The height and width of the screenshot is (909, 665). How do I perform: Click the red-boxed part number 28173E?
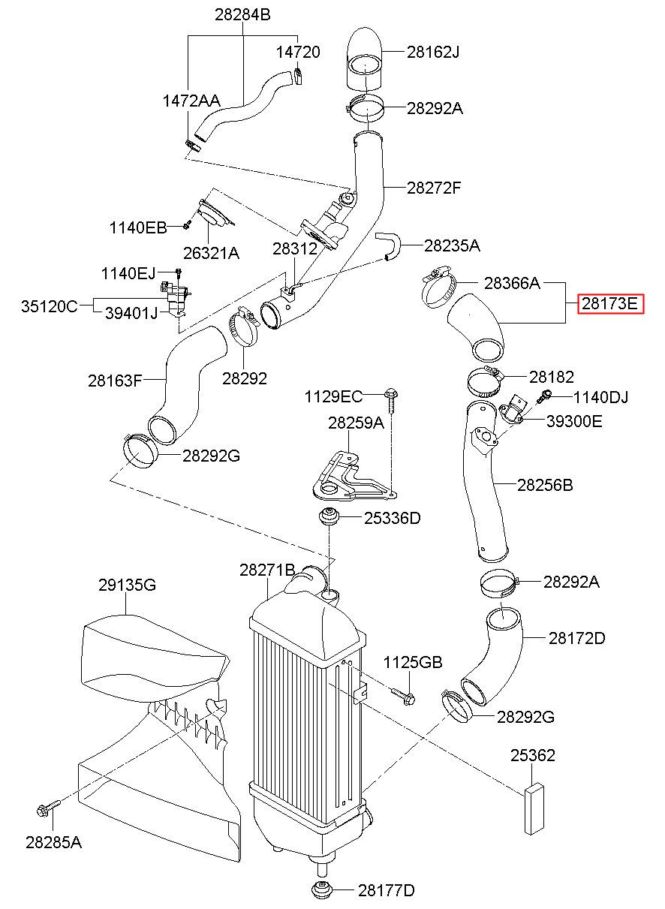point(610,303)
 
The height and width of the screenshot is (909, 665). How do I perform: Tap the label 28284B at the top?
point(242,14)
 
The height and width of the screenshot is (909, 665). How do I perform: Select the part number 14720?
point(298,52)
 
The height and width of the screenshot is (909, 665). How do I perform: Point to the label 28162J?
point(433,52)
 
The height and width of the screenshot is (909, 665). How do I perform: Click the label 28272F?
point(434,188)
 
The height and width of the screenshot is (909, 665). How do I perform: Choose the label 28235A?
point(452,245)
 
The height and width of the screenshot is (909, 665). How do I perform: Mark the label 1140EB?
point(138,227)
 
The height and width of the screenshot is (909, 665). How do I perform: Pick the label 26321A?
point(211,253)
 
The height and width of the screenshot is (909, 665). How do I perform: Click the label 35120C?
point(49,306)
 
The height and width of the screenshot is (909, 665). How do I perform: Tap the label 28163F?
point(115,381)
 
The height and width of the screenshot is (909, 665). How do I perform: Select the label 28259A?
point(356,423)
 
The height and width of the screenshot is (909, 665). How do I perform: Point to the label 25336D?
point(392,518)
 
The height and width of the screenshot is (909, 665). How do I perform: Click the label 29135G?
point(127,585)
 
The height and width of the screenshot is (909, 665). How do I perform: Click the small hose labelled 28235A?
point(389,245)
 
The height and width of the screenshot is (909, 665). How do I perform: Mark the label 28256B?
point(545,485)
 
